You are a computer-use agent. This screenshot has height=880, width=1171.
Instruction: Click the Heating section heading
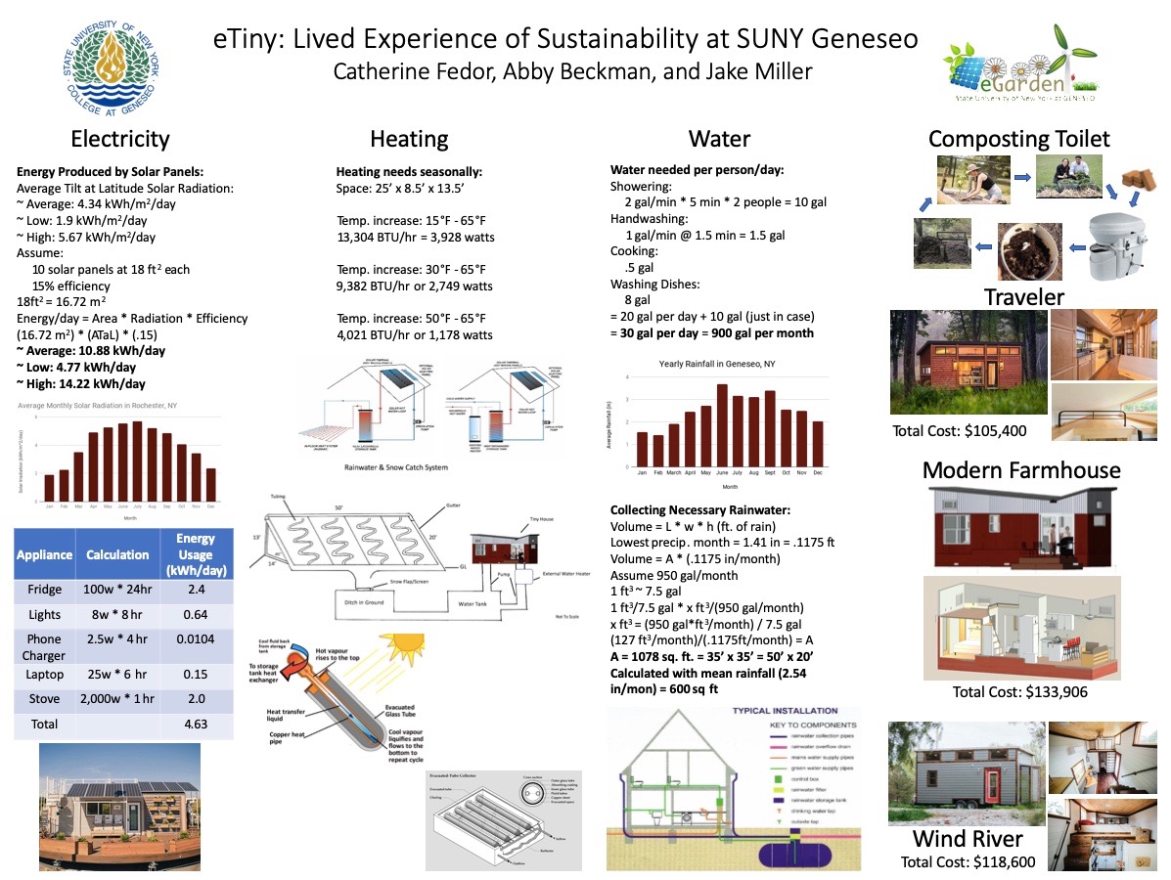[409, 139]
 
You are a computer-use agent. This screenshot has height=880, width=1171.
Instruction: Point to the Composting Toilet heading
[1019, 139]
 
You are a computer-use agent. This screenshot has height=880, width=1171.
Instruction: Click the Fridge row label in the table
[44, 590]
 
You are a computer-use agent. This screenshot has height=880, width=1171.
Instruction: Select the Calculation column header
[116, 554]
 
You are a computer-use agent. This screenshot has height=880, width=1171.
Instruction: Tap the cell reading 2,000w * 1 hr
[117, 699]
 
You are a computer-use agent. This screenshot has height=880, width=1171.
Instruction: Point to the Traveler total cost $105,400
[959, 431]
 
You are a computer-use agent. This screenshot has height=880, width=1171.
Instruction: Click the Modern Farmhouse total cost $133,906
[1020, 692]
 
